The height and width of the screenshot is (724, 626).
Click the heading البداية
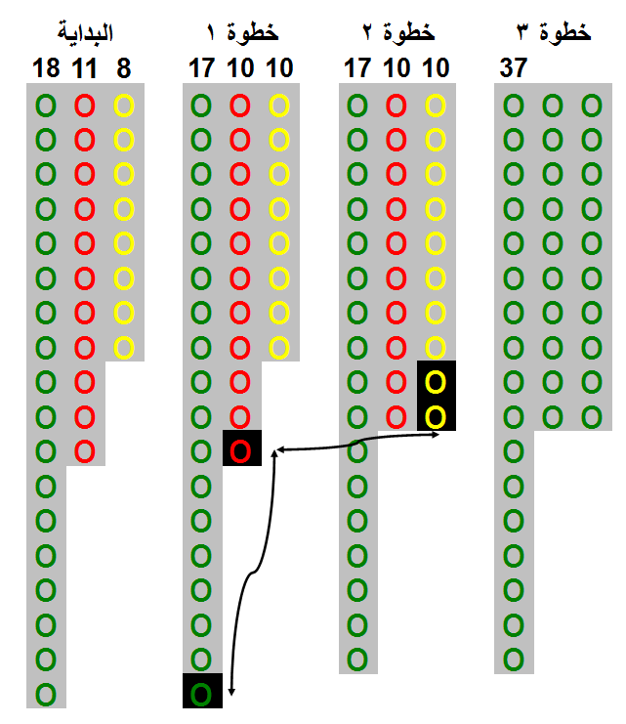pos(85,32)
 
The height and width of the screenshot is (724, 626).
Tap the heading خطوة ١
pos(242,32)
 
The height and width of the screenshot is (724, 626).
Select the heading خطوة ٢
pos(398,32)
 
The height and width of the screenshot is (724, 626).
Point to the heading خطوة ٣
pos(554,32)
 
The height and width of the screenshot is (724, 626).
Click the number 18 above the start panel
pos(46,68)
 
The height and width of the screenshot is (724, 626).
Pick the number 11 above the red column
pos(85,68)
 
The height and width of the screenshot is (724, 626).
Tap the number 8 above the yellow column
pos(124,68)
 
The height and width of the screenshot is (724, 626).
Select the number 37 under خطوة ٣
pos(514,67)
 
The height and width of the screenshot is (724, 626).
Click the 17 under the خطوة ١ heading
pos(202,67)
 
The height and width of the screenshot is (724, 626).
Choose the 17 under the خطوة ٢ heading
pos(357,67)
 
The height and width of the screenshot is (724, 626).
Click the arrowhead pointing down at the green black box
pos(231,693)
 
